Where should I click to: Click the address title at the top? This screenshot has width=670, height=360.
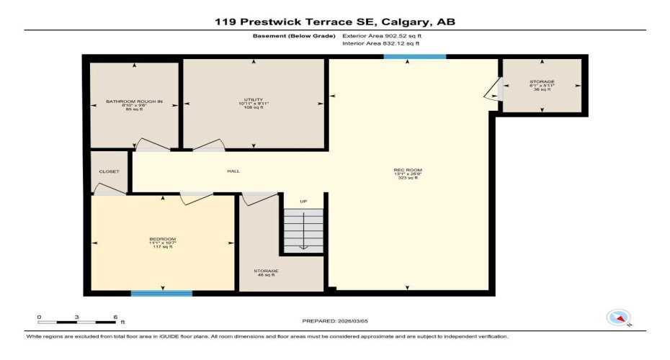coord(335,22)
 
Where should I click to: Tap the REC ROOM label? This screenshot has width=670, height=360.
coord(408,173)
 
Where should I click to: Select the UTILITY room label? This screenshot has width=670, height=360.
coord(253,103)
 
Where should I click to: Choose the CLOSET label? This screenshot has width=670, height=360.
coord(109,171)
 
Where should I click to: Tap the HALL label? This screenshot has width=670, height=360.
coord(233,171)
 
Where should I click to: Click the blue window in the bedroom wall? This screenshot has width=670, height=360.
coord(161,293)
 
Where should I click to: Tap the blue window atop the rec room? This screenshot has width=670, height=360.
coord(414,56)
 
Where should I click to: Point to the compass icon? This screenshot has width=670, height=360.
coord(618,317)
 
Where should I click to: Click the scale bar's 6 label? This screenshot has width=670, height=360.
coord(115,316)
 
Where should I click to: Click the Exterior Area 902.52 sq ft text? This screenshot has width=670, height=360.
coord(381,35)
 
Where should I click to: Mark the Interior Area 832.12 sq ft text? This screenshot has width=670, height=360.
coord(380,44)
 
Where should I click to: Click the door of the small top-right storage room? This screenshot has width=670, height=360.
coord(492,89)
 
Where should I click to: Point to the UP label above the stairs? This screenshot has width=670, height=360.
coord(303,201)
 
